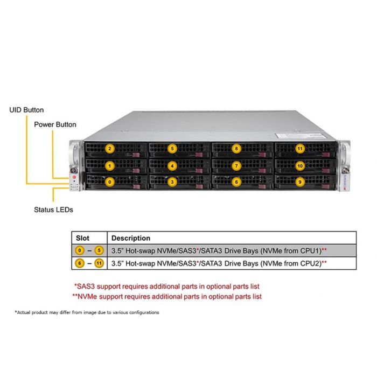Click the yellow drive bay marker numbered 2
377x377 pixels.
tap(109, 148)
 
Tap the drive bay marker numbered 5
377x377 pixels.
tap(172, 148)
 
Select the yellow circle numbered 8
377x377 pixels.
tap(236, 148)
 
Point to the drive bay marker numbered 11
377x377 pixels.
tap(299, 148)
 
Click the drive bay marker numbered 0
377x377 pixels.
tap(109, 182)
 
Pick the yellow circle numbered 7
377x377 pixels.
tap(236, 166)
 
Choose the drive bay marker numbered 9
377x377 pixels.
tap(299, 182)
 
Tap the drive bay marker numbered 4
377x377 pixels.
tap(172, 166)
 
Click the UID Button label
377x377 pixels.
tap(26, 110)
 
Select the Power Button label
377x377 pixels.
tap(55, 124)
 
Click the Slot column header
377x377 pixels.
tap(82, 238)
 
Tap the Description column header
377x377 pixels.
tap(131, 238)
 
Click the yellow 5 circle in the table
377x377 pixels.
tap(99, 250)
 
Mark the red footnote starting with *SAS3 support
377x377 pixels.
tap(170, 287)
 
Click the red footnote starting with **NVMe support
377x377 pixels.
tap(167, 296)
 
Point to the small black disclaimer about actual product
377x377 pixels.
tap(87, 312)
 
